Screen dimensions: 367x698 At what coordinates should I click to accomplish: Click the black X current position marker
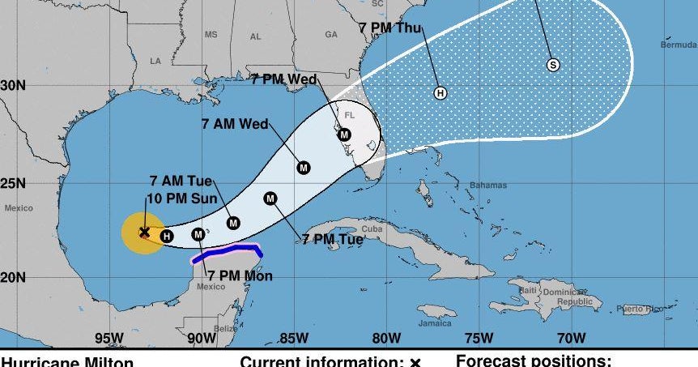pyautogui.click(x=144, y=233)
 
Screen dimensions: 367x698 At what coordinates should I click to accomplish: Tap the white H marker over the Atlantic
pyautogui.click(x=441, y=93)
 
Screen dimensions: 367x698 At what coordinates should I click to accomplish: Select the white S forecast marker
pyautogui.click(x=553, y=65)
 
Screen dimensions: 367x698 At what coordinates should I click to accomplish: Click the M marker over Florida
pyautogui.click(x=344, y=134)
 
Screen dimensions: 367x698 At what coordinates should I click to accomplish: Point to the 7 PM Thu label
pyautogui.click(x=391, y=28)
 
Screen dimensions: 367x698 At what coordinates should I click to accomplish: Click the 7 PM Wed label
pyautogui.click(x=283, y=79)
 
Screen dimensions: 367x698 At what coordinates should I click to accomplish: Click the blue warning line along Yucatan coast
pyautogui.click(x=227, y=253)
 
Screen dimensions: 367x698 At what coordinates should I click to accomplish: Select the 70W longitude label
pyautogui.click(x=572, y=338)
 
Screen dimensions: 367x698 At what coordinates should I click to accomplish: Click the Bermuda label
pyautogui.click(x=678, y=45)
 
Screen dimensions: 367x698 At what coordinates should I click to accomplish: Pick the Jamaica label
pyautogui.click(x=434, y=323)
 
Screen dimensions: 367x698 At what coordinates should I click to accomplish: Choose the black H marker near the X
pyautogui.click(x=166, y=237)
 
